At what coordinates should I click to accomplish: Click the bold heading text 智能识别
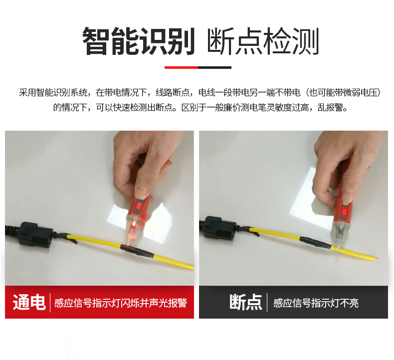(138, 41)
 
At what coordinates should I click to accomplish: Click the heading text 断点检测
(262, 41)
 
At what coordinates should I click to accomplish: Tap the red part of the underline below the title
(181, 67)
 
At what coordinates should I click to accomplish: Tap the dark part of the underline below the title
(214, 67)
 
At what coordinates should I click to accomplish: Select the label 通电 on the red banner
(29, 302)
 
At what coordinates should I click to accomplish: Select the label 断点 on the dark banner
(245, 302)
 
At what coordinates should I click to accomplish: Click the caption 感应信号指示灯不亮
(316, 303)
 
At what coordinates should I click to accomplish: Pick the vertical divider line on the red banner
(50, 302)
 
